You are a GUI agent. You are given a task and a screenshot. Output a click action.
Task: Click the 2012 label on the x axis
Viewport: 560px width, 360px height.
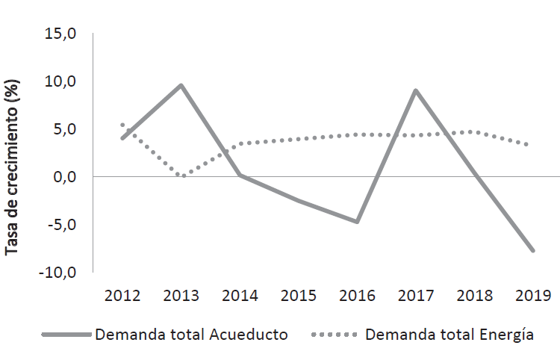122,295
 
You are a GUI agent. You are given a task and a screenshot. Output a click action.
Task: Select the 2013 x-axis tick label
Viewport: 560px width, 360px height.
181,295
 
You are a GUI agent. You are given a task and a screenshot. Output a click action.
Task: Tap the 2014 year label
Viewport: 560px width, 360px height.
240,295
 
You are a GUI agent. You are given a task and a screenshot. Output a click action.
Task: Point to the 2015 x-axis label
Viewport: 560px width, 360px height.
299,295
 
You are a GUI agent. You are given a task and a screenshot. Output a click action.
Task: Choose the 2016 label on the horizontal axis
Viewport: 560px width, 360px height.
357,295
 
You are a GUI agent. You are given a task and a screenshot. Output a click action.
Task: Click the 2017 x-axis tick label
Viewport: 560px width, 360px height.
416,295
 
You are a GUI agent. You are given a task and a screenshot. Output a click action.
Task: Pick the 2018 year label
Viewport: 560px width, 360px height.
474,295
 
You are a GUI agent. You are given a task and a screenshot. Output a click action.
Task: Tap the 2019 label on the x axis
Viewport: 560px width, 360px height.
533,295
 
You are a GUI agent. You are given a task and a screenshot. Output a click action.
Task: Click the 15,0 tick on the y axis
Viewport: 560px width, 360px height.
60,34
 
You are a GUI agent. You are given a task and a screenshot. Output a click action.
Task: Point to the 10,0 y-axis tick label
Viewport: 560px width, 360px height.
60,81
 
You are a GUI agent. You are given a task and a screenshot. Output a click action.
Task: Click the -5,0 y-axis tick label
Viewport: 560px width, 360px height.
60,224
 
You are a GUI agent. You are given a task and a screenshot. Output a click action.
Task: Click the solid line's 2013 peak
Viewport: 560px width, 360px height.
181,85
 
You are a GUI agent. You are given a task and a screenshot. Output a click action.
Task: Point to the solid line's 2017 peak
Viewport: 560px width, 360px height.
416,90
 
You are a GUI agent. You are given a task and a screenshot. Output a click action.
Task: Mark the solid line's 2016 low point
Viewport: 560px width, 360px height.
357,222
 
